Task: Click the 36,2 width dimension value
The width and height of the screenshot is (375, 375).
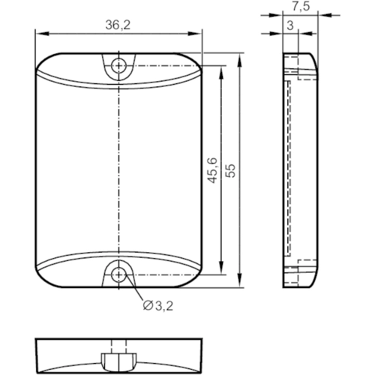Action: pos(118,25)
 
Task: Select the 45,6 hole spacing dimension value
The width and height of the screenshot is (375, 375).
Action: pos(212,170)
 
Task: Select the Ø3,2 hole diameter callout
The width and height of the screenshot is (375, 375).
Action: pos(156,305)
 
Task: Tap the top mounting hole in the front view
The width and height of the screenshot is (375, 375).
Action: pos(118,65)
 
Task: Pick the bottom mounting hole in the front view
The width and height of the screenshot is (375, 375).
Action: pos(118,274)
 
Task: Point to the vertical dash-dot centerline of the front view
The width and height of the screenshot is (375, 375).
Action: pos(118,170)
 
